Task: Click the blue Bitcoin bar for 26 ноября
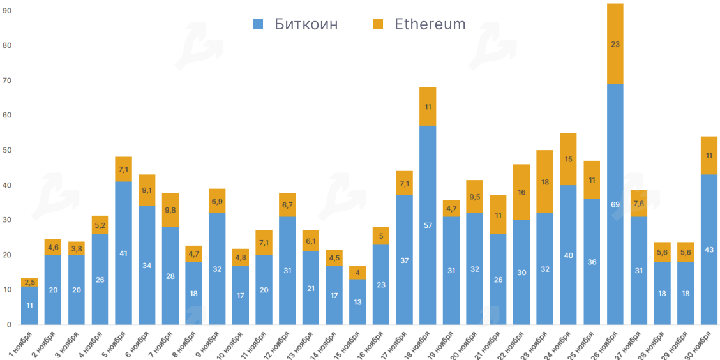click(x=615, y=204)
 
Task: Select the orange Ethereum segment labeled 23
click(x=615, y=44)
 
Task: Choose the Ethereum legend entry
click(x=419, y=24)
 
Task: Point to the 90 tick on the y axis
click(x=8, y=11)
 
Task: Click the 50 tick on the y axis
click(x=8, y=150)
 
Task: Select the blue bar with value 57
click(x=428, y=225)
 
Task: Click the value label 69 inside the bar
click(x=615, y=204)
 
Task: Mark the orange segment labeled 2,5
click(x=29, y=282)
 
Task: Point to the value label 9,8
click(x=170, y=210)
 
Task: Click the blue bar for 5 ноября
click(x=123, y=253)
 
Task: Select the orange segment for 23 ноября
click(x=544, y=182)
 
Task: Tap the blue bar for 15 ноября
click(x=357, y=302)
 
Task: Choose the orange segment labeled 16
click(x=521, y=192)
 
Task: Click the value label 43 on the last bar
click(x=709, y=249)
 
